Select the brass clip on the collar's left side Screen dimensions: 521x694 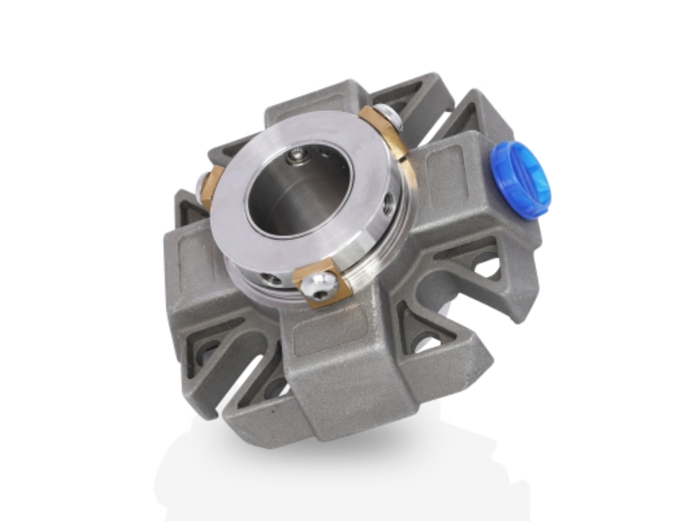[212, 183]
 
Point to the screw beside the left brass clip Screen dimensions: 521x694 [201, 184]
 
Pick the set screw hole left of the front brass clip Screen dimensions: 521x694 [274, 279]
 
